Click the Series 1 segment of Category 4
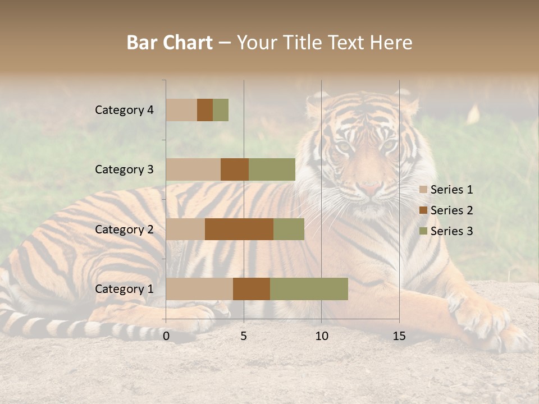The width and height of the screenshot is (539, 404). pos(181,110)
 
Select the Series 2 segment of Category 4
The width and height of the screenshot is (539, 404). pos(205,110)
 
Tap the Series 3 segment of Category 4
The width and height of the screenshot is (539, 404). pos(221,110)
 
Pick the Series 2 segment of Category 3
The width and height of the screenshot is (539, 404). pos(235,169)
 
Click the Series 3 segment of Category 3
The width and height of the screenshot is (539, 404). pos(272,169)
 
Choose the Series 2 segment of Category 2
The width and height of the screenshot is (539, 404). pos(239,229)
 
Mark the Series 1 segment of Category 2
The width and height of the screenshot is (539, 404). pos(185,229)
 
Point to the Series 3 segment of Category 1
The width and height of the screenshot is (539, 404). pos(309,289)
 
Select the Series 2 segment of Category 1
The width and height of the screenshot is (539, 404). pos(252,289)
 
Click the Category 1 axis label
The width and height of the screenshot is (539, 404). pos(124,289)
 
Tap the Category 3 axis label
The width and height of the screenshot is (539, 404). pos(124,169)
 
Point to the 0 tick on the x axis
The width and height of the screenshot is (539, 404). pos(166,336)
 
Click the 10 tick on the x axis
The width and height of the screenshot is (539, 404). pos(321,336)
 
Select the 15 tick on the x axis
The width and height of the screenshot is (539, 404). pos(399,336)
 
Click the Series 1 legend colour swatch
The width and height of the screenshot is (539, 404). pos(423,190)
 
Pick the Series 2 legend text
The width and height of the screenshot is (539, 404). pos(451,210)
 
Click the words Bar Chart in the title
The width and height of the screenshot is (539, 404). pos(170,43)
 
